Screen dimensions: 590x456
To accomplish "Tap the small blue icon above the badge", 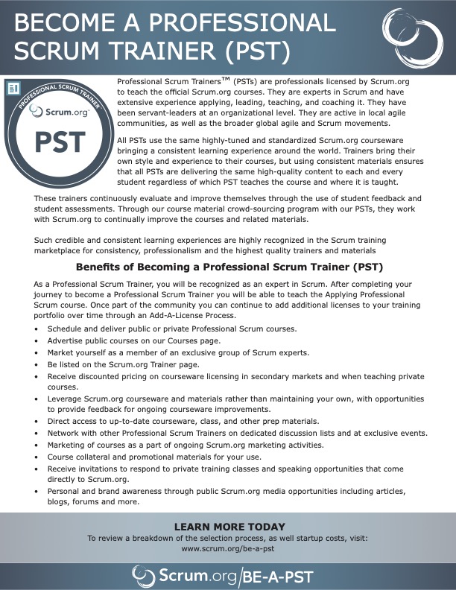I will pyautogui.click(x=13, y=89).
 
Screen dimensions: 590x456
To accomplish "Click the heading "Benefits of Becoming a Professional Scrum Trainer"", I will pyautogui.click(x=229, y=267).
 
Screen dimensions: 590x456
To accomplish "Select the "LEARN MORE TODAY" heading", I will pyautogui.click(x=228, y=526).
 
